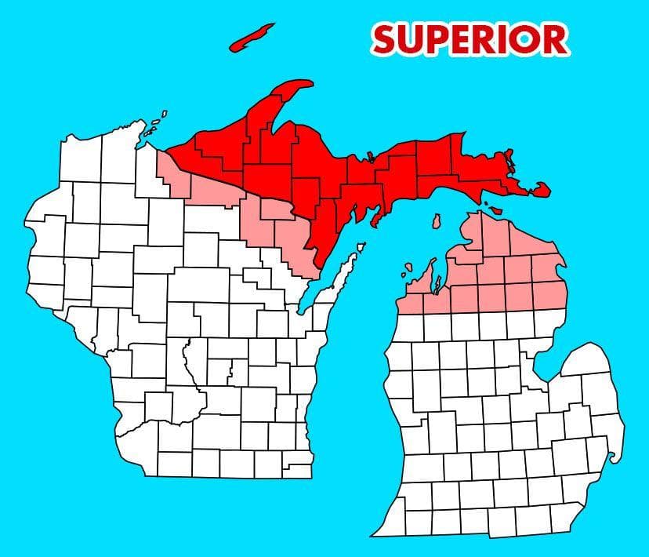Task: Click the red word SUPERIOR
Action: click(x=470, y=38)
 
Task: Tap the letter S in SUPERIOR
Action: click(x=387, y=38)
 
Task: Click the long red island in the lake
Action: click(x=252, y=37)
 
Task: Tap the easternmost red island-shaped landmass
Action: click(x=540, y=189)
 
